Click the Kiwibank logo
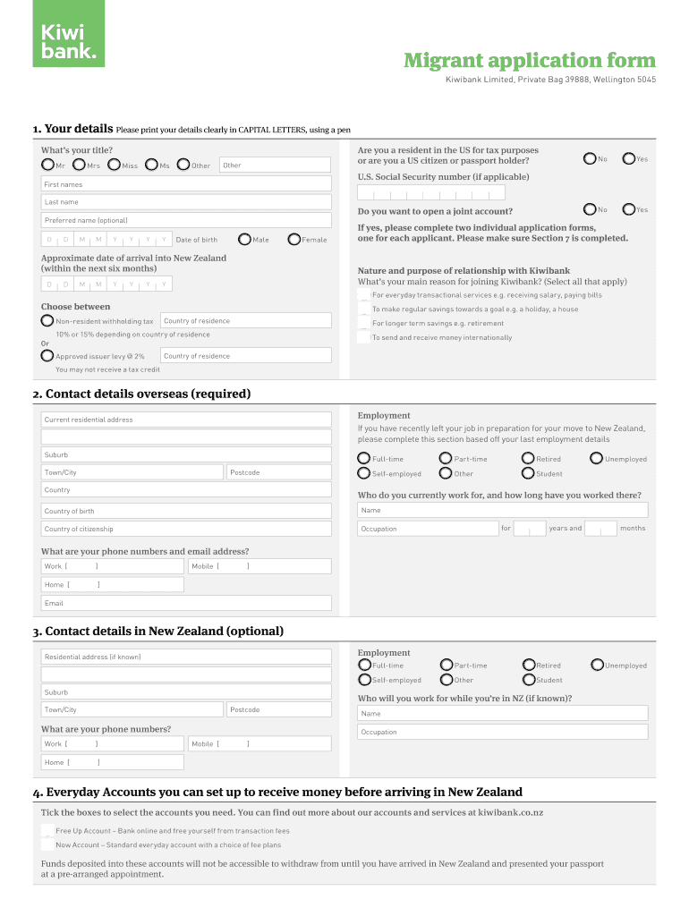[x=69, y=33]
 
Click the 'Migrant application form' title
[x=529, y=61]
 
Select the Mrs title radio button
[x=81, y=165]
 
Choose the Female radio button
[x=294, y=239]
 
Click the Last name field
[x=186, y=202]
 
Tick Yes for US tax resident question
[x=629, y=158]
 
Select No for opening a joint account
[x=589, y=209]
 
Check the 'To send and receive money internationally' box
[x=363, y=337]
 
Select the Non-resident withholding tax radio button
[x=47, y=320]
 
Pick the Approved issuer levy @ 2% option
[x=47, y=355]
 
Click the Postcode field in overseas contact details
[x=277, y=472]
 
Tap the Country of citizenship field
[x=186, y=529]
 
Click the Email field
[x=186, y=603]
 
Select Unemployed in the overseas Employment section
[x=597, y=459]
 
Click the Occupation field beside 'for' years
[x=427, y=529]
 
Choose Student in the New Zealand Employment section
[x=528, y=680]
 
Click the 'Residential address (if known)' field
[x=186, y=657]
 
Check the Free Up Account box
[x=47, y=831]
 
